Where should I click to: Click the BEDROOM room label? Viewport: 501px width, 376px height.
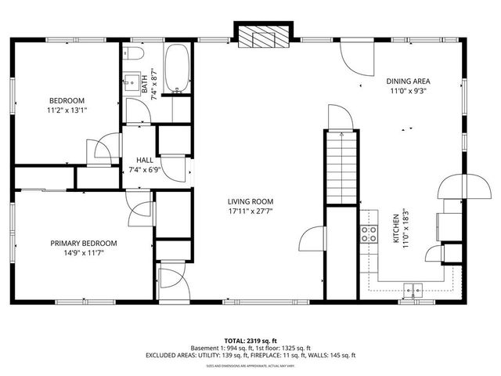coord(67,100)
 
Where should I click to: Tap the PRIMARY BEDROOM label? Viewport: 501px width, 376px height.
coord(84,244)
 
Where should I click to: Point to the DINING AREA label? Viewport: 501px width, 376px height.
coord(408,81)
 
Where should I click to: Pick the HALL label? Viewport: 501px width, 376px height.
coord(144,159)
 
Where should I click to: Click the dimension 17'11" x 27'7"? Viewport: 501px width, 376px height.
coord(250,211)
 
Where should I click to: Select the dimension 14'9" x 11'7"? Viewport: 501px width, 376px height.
coord(84,254)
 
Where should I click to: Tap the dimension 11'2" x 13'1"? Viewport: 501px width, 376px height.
coord(67,110)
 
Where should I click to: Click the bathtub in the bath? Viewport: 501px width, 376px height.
coord(178,69)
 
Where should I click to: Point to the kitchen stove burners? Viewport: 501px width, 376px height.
coord(367,233)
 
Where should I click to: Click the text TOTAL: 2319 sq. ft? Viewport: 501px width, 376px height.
coord(250,341)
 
